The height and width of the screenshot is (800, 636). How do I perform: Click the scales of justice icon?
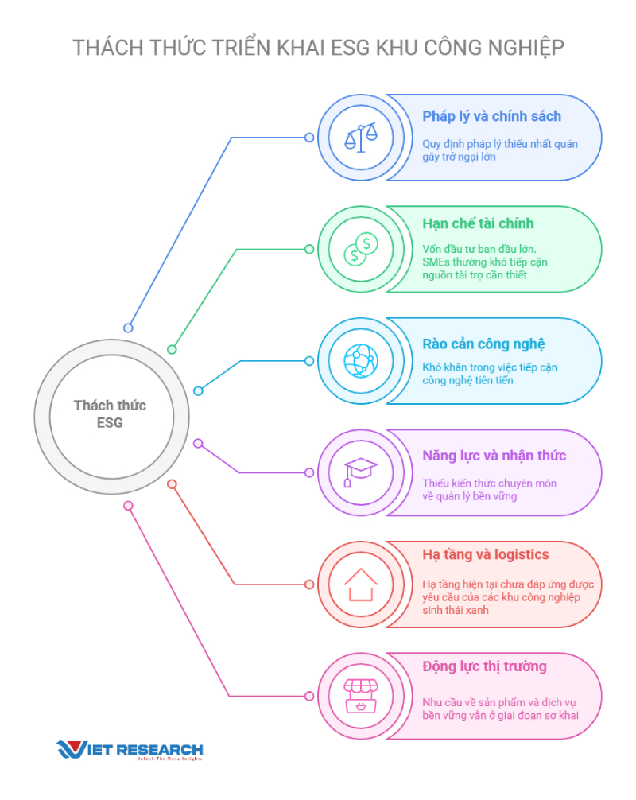click(361, 138)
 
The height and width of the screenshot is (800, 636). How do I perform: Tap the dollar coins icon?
click(361, 249)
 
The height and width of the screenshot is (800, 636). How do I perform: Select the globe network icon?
click(361, 361)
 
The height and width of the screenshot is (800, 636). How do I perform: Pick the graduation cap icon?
click(360, 472)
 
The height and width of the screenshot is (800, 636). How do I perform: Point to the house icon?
click(361, 584)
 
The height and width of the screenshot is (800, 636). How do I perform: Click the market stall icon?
click(361, 695)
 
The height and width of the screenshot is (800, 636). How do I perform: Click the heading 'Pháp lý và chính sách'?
click(491, 117)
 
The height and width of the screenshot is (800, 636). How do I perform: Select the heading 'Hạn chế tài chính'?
click(478, 223)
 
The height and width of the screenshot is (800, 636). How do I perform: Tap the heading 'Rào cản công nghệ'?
click(483, 344)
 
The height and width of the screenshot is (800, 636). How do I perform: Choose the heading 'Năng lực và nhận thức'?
click(494, 456)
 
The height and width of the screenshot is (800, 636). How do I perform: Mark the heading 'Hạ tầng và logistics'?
click(486, 554)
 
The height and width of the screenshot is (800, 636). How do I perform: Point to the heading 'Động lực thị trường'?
click(484, 666)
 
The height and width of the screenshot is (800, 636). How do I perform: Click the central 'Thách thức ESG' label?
click(111, 414)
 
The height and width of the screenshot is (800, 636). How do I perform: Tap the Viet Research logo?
click(130, 750)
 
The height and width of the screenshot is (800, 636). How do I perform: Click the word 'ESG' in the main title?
click(350, 48)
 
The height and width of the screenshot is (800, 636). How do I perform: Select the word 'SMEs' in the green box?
click(435, 262)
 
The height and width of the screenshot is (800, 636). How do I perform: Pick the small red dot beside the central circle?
click(172, 483)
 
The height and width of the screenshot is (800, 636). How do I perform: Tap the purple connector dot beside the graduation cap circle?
click(309, 472)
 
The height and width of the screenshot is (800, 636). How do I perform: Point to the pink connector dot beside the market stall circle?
click(309, 696)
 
